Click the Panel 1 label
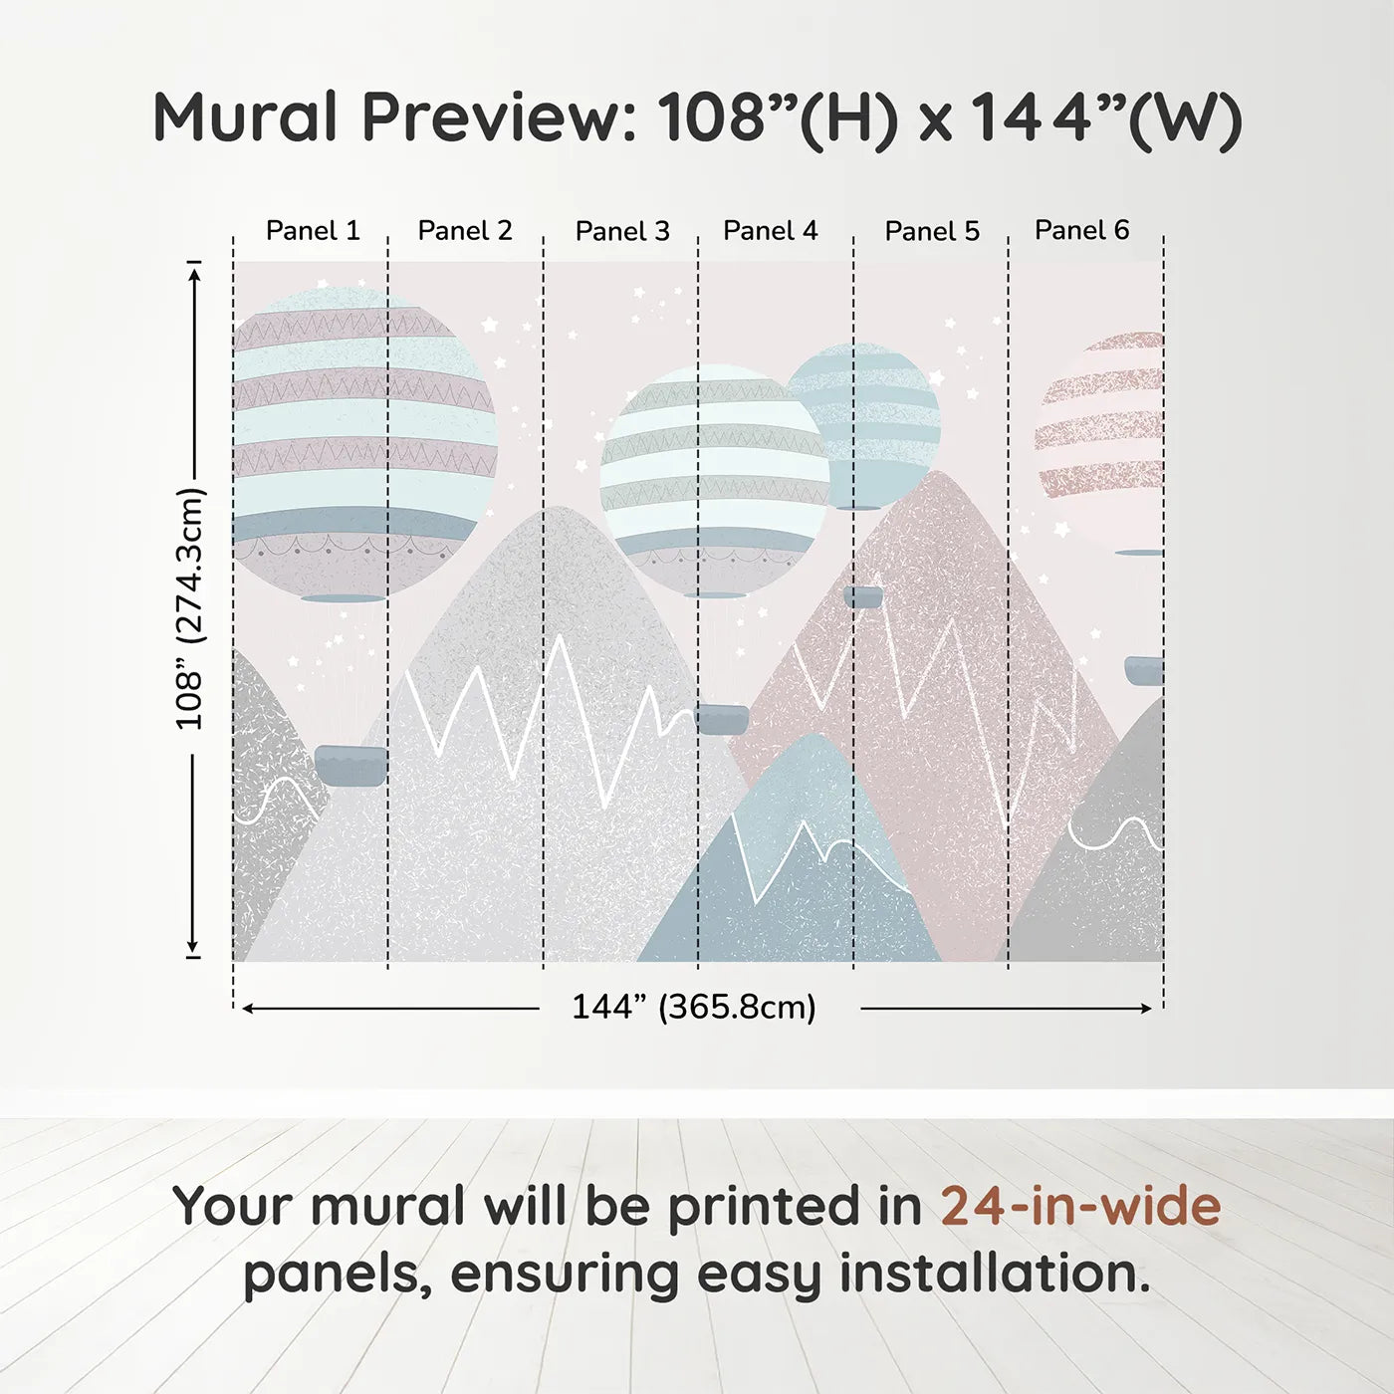pos(312,231)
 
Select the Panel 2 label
pos(464,231)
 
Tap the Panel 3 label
pos(622,232)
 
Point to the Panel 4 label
pos(770,231)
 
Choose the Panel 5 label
pos(932,232)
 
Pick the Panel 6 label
pos(1081,231)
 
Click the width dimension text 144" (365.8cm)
pos(693,1008)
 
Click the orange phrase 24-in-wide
pos(1080,1206)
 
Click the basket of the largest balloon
pos(350,765)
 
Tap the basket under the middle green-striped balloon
pos(722,719)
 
